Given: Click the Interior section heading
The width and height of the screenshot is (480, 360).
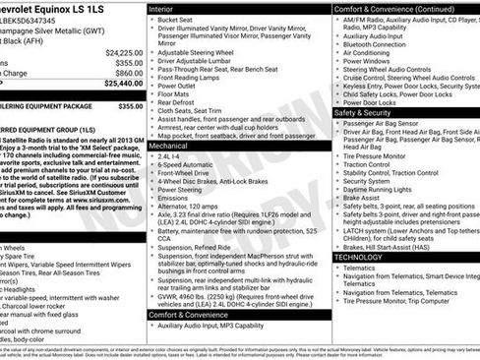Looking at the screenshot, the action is [160, 8].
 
